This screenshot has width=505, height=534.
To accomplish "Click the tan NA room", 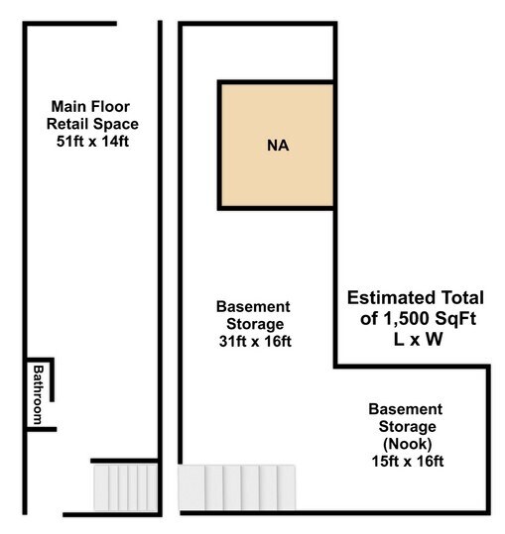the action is coord(277,146).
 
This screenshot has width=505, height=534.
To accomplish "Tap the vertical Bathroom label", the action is coord(38,394).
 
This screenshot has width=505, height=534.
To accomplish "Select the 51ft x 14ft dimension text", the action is coord(92,141).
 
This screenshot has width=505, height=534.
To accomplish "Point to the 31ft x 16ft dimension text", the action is coord(255,341).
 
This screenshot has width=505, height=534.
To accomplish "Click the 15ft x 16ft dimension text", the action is coord(408,462).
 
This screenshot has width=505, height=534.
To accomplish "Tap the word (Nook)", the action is coord(407,444).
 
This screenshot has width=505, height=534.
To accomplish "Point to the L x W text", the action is coord(418,339).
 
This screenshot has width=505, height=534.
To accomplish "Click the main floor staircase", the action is coord(125,487).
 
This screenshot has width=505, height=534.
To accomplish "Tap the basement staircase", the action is coord(237,487).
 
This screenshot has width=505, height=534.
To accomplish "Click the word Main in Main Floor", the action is coord(68,107).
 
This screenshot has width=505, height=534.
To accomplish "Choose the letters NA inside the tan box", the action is coord(278,146).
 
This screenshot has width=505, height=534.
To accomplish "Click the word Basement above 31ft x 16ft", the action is coord(253,306).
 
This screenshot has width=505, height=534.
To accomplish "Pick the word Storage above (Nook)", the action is coord(407,426).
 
